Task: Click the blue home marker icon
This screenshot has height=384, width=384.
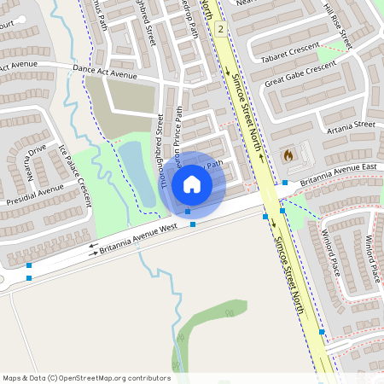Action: click(192, 183)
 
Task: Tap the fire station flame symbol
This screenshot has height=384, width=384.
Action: click(288, 156)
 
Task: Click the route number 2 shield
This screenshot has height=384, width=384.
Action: click(220, 29)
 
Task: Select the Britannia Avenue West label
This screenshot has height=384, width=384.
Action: click(138, 239)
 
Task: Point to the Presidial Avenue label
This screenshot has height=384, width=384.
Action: click(35, 195)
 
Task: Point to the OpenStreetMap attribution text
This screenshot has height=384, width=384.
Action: click(86, 377)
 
